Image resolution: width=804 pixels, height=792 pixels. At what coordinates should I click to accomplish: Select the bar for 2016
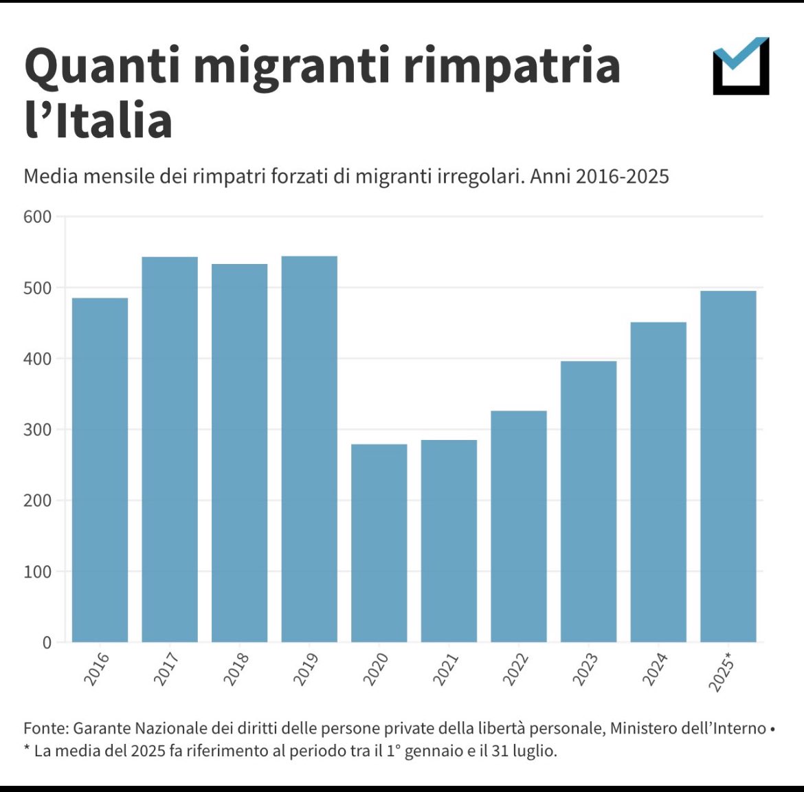click(100, 470)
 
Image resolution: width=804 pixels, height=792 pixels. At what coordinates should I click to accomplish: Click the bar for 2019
click(309, 450)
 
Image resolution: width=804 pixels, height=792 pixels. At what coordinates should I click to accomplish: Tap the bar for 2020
click(379, 543)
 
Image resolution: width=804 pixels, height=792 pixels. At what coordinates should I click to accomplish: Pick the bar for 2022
click(519, 527)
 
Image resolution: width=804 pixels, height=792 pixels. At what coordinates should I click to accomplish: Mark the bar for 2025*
click(728, 467)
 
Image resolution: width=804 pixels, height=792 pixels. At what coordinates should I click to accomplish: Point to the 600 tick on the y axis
click(38, 217)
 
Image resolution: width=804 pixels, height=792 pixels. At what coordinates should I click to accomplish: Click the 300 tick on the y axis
click(38, 430)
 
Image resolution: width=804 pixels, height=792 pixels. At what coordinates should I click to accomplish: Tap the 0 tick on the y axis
click(47, 643)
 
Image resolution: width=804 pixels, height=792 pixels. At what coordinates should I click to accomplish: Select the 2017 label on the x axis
click(166, 669)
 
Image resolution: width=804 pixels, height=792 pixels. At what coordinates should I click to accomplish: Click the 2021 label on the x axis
click(445, 669)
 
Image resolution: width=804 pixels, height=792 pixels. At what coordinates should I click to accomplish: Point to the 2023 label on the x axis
click(585, 669)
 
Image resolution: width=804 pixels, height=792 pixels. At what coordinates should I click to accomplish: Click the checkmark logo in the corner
click(741, 66)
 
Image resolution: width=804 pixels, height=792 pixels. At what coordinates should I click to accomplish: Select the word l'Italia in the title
click(98, 120)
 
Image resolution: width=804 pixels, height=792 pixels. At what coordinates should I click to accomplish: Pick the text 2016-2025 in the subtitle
click(622, 177)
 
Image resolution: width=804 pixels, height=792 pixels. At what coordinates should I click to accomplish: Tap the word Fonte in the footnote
click(45, 728)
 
